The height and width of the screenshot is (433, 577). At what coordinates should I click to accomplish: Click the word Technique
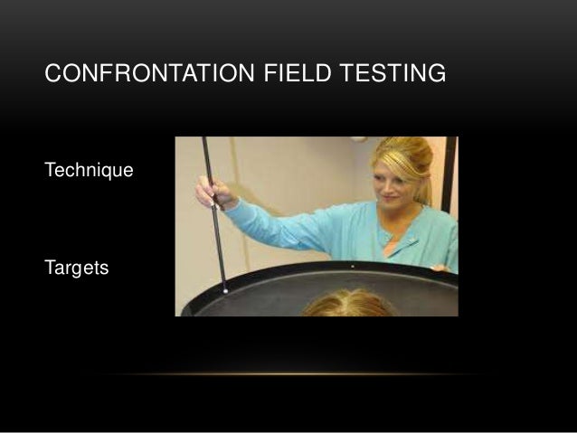(89, 170)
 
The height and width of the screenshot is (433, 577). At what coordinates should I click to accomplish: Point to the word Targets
(76, 268)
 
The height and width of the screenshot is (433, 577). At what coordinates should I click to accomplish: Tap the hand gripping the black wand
(213, 193)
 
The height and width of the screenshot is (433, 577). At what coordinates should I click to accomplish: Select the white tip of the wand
(224, 290)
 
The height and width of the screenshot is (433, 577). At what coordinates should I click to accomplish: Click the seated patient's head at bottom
(347, 305)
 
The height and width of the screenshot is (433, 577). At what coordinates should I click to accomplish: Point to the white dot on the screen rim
(352, 267)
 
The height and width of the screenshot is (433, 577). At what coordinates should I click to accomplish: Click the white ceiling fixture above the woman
(359, 138)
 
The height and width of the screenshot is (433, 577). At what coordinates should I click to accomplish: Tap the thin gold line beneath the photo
(289, 373)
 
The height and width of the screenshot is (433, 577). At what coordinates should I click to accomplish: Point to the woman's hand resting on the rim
(440, 268)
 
